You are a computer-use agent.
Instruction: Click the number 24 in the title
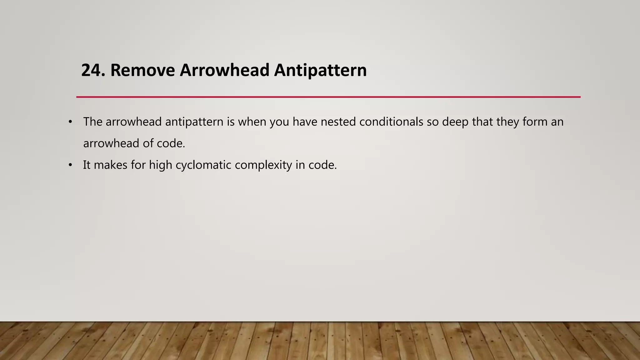pyautogui.click(x=91, y=70)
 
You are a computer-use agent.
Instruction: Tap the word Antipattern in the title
pyautogui.click(x=320, y=70)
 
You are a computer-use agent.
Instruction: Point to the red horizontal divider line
pyautogui.click(x=328, y=97)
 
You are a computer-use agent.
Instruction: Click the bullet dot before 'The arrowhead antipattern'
pyautogui.click(x=70, y=122)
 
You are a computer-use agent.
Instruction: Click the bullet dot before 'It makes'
pyautogui.click(x=70, y=165)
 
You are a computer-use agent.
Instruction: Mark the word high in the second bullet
pyautogui.click(x=160, y=165)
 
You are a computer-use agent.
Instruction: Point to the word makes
pyautogui.click(x=110, y=165)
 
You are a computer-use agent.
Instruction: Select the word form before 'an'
pyautogui.click(x=535, y=122)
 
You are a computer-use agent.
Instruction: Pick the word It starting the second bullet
pyautogui.click(x=87, y=165)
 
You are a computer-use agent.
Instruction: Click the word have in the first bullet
pyautogui.click(x=305, y=122)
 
